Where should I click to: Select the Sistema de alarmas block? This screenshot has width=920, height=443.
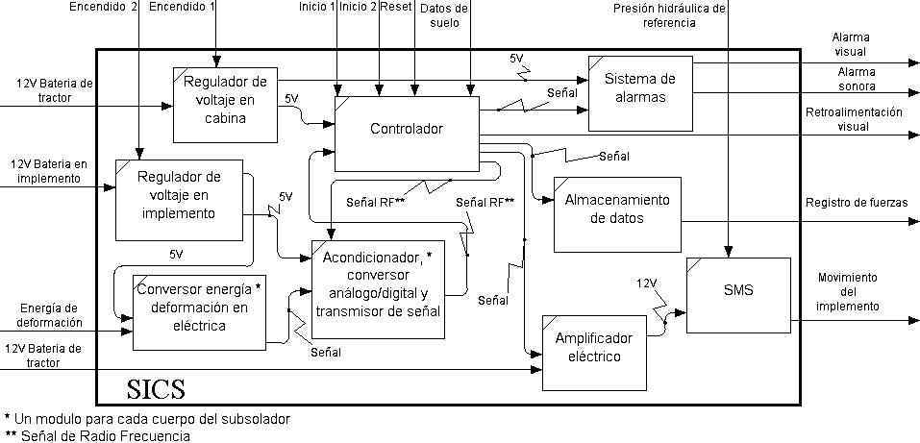click(640, 87)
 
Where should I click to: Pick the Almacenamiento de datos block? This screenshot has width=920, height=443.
click(617, 209)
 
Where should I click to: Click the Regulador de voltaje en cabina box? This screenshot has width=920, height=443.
click(225, 103)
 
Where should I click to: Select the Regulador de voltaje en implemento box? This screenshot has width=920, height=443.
click(178, 199)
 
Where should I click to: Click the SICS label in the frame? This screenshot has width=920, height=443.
click(157, 389)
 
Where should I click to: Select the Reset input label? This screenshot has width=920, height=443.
click(396, 8)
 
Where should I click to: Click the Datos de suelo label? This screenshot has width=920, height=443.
click(445, 14)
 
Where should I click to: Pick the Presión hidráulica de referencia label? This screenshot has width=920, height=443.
click(669, 14)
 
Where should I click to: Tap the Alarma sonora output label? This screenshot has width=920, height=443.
click(856, 79)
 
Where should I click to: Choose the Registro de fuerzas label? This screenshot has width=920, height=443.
click(856, 202)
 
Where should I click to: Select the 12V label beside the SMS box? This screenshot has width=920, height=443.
click(647, 283)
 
